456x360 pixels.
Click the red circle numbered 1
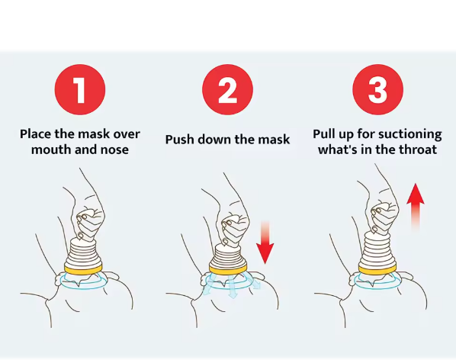pos(80,89)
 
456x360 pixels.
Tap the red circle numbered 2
pos(228,89)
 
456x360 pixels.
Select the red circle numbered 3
pos(377,89)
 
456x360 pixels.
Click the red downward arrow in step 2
pos(265,243)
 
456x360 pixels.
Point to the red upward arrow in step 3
pos(416,206)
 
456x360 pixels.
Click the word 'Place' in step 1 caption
pos(35,134)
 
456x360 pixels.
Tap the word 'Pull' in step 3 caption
pos(323,134)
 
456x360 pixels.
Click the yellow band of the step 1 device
pos(83,269)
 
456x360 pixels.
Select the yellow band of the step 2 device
pos(228,268)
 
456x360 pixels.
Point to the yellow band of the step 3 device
pos(377,269)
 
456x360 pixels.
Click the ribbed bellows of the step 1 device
pos(83,252)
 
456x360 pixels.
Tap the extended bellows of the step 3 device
pos(377,248)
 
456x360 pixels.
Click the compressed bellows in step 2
pos(228,255)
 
